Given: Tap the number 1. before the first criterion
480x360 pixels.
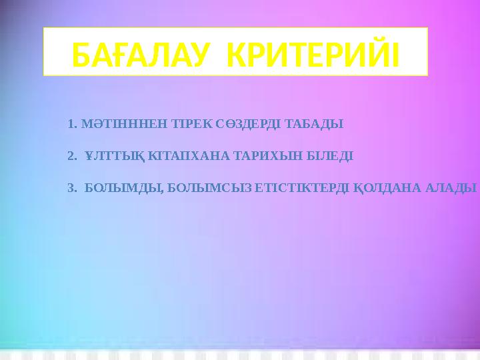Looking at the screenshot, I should (x=73, y=124).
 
